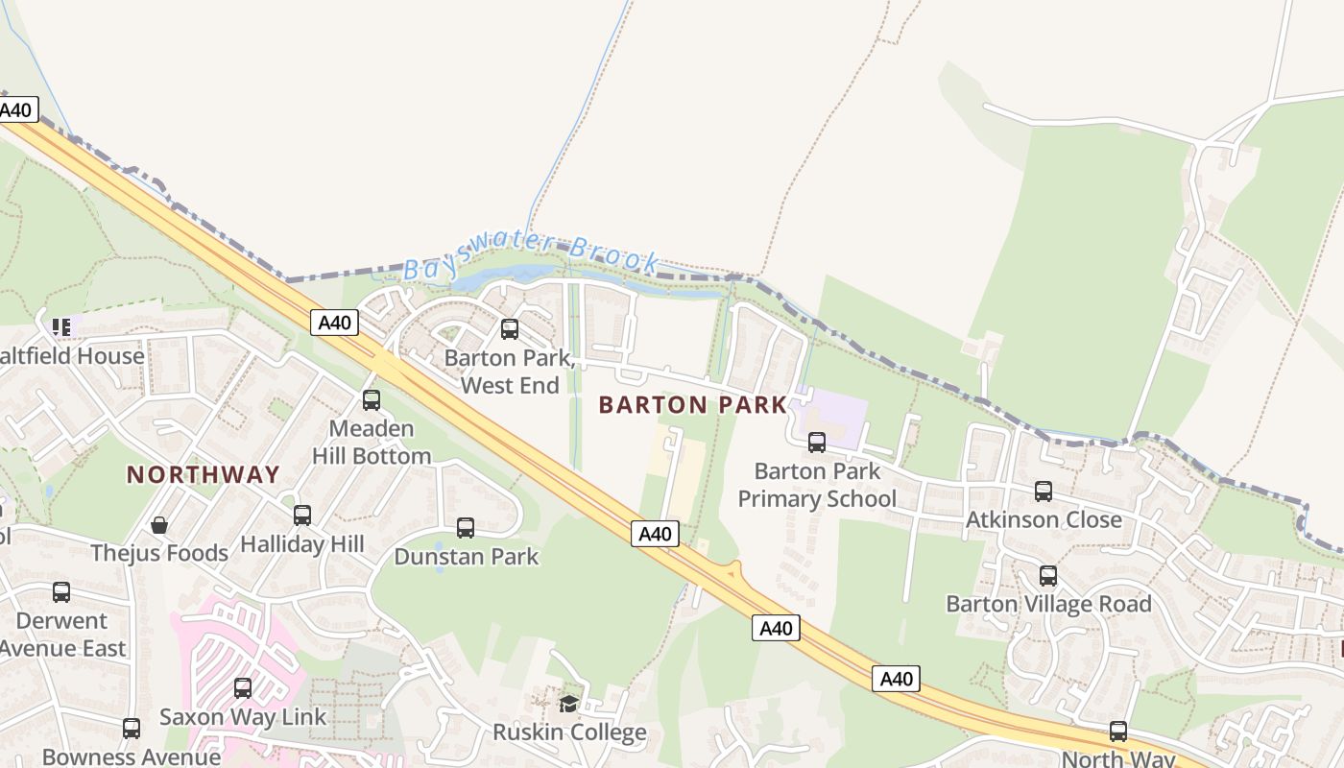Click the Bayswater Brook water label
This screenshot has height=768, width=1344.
531,257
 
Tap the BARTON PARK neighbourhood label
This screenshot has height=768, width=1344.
692,405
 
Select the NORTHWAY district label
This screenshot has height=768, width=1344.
204,474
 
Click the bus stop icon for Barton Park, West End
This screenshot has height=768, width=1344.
510,329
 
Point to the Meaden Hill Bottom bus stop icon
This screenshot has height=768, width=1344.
372,400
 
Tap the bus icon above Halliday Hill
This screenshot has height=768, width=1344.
302,516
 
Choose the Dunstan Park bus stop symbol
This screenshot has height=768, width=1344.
466,528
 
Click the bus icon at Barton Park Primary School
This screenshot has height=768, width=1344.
817,443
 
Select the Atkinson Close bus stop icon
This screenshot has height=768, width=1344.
1044,492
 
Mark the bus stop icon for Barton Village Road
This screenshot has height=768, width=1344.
1048,576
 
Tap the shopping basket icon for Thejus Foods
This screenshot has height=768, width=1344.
159,525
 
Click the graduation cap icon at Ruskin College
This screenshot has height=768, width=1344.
569,704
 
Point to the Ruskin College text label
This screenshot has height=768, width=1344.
569,732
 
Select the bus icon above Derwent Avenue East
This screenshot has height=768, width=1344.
61,592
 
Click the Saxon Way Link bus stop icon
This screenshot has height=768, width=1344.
243,688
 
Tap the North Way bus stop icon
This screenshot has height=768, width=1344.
1118,732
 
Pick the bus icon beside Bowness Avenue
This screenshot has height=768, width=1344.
132,729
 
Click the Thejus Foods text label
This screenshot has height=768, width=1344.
159,553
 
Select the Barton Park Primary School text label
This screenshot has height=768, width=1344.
817,485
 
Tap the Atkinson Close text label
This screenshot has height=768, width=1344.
1044,519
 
